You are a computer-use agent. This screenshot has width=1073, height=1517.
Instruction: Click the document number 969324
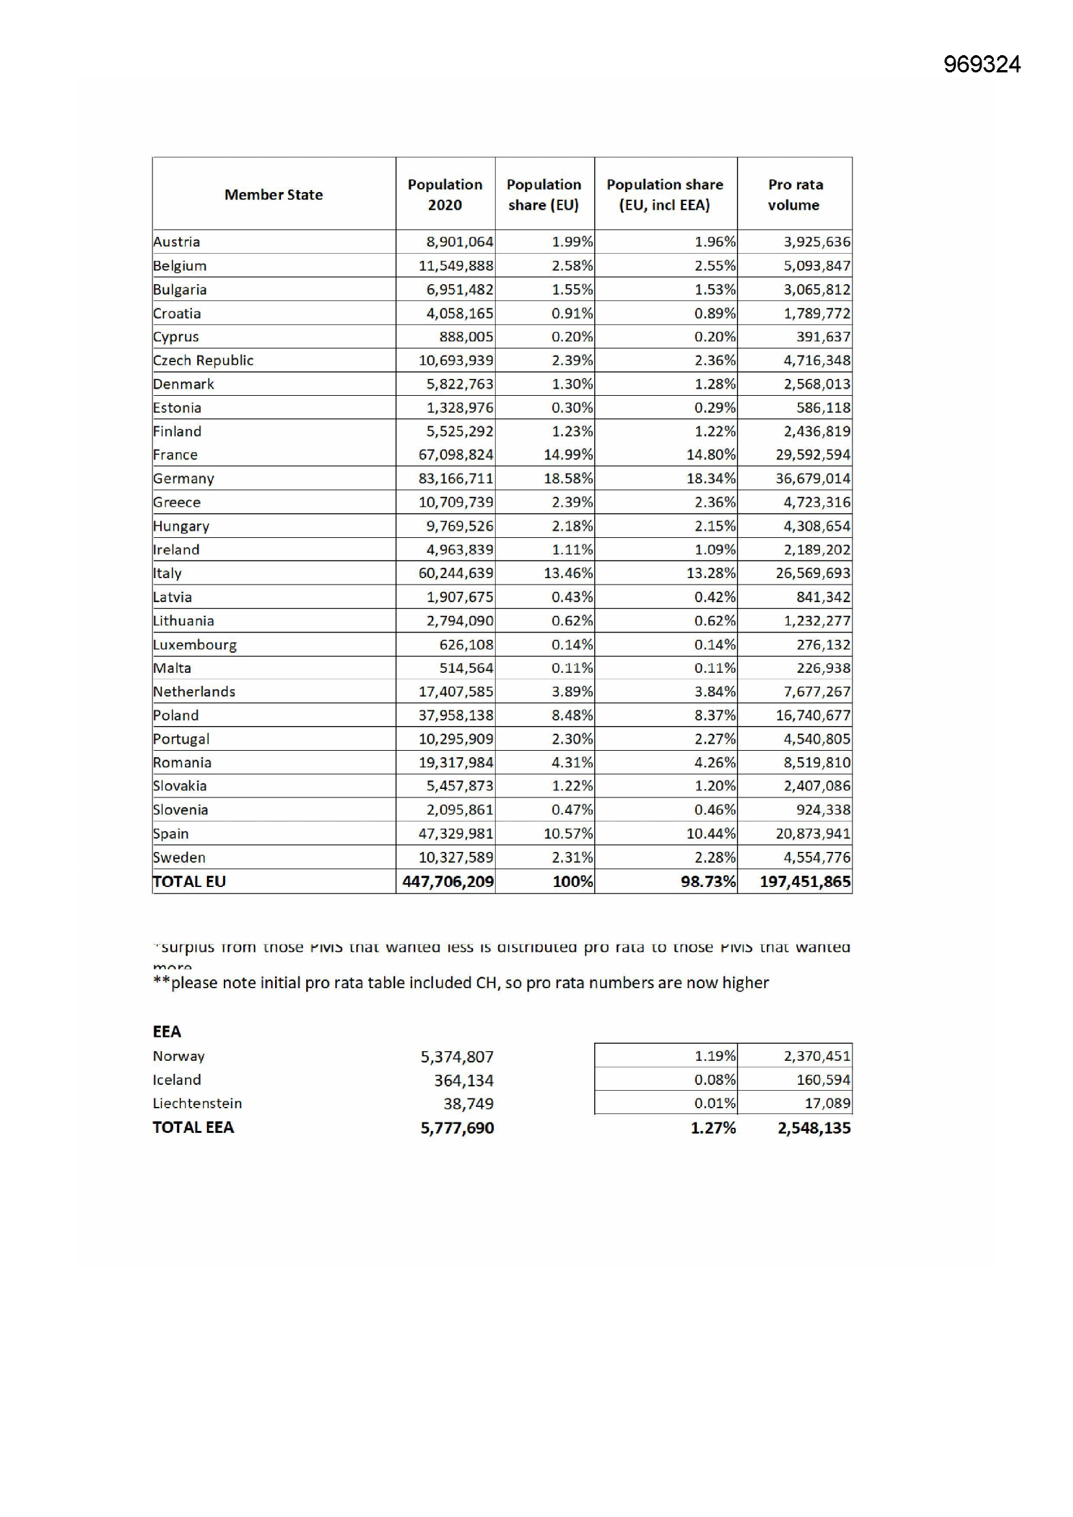(x=981, y=64)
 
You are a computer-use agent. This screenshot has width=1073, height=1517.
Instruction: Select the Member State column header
(x=274, y=194)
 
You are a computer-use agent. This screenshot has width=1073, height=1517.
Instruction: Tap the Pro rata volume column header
(x=795, y=194)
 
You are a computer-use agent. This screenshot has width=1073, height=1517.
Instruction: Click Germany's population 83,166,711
(x=455, y=478)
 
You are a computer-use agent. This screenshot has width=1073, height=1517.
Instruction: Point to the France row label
(x=175, y=455)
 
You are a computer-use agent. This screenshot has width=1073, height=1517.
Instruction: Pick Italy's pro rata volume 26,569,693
(x=813, y=573)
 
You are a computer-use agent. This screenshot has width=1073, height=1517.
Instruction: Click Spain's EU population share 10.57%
(x=568, y=833)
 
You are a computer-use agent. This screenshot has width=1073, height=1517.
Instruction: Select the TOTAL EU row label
(x=189, y=881)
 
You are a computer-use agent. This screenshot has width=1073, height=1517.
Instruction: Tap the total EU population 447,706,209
(x=448, y=881)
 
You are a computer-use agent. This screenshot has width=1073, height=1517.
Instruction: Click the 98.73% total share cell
(x=708, y=881)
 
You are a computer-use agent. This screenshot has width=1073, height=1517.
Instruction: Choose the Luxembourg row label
(x=194, y=644)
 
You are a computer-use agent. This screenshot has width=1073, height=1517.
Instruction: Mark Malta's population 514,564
(x=466, y=668)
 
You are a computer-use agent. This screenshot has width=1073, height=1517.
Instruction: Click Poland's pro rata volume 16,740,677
(x=813, y=715)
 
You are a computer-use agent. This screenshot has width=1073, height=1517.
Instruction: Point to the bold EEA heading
(x=167, y=1032)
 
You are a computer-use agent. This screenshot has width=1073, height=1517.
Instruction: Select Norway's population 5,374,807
(x=457, y=1056)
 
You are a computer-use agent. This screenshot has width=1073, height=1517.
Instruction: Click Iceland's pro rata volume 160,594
(x=823, y=1080)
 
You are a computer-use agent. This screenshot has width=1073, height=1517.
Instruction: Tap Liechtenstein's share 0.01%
(x=714, y=1104)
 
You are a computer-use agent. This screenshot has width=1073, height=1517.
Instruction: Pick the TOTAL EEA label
(x=193, y=1127)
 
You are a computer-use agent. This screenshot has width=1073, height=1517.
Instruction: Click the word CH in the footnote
(x=486, y=982)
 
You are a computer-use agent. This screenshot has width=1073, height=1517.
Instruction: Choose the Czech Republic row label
(x=203, y=360)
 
